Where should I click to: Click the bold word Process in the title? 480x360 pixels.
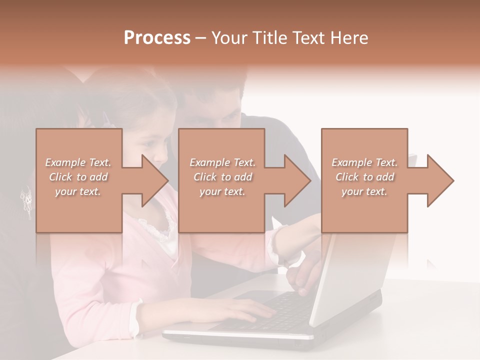coord(157,37)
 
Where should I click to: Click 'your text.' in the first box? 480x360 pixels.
coord(77,191)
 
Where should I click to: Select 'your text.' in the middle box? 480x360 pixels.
coord(222,191)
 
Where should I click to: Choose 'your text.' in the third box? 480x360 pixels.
coord(364,191)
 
